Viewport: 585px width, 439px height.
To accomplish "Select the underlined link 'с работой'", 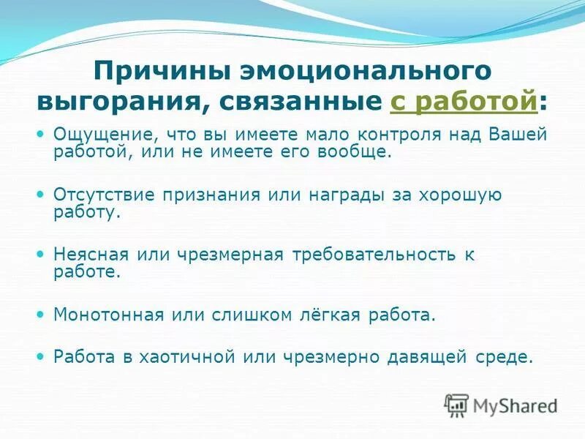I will [x=464, y=102].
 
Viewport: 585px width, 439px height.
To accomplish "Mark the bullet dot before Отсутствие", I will [x=42, y=194].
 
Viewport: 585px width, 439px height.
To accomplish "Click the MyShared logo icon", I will [x=457, y=404].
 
